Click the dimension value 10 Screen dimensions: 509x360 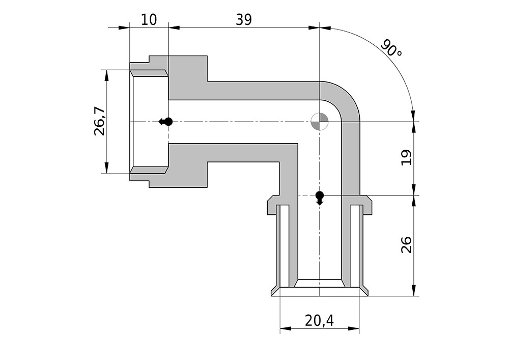click(x=149, y=20)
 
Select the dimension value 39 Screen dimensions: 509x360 click(x=244, y=20)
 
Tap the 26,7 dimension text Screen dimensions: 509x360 click(x=100, y=121)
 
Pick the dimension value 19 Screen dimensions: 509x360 click(x=406, y=158)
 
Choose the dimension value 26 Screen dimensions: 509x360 click(x=406, y=245)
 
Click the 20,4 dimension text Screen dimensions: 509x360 click(x=320, y=321)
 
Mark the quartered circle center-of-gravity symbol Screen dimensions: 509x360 click(x=320, y=122)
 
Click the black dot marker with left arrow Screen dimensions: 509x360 click(x=165, y=122)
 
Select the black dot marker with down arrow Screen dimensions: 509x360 click(x=320, y=198)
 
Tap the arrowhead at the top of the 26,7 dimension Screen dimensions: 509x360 click(x=106, y=75)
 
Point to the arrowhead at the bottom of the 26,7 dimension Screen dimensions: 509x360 click(x=106, y=168)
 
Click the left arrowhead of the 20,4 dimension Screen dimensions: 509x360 click(x=286, y=328)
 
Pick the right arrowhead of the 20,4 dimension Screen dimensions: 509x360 click(x=354, y=328)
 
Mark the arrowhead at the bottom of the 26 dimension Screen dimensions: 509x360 click(x=414, y=291)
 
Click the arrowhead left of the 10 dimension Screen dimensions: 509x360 click(x=124, y=28)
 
